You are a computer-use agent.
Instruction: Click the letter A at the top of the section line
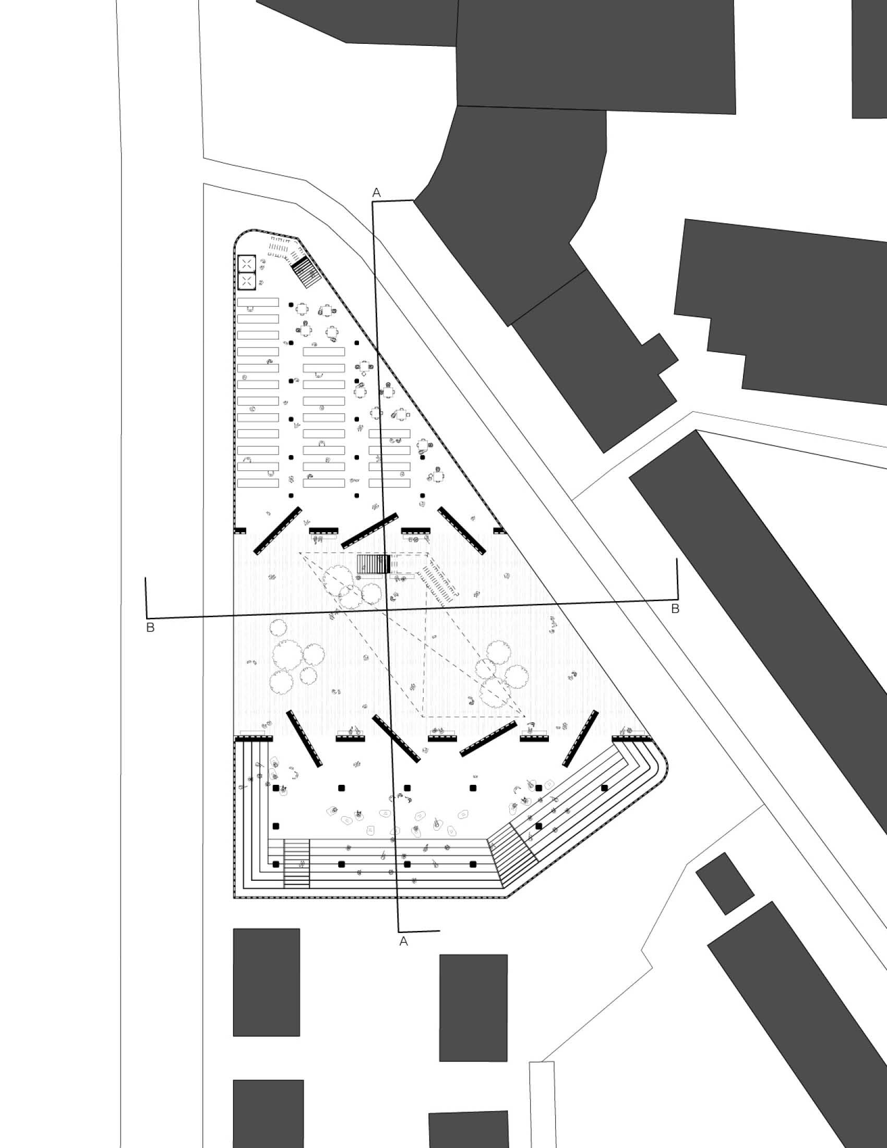376,193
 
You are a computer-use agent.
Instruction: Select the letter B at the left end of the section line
150,627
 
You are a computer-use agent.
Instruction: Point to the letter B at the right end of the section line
675,608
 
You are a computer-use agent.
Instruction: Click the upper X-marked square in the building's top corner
246,264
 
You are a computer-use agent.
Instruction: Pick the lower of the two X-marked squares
246,281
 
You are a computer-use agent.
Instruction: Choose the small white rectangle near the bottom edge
541,1104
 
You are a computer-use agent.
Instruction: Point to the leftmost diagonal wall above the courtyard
278,530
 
